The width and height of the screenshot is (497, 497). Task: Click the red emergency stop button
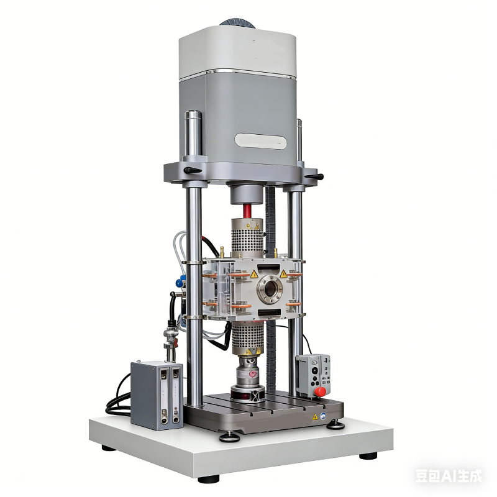320,391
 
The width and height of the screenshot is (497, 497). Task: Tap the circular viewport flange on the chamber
270,289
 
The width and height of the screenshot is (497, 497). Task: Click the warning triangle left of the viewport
254,275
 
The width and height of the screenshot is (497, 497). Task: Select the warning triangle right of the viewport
283,274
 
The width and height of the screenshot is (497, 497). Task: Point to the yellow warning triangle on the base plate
315,417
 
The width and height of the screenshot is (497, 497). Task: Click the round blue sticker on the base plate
323,416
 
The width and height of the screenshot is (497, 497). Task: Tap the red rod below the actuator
247,211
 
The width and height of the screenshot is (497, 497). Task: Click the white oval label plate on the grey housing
260,141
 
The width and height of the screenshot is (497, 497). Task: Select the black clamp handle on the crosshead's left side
193,170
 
